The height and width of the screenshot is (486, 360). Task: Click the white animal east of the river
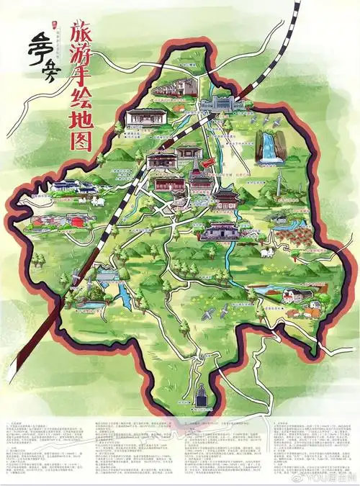[x=268, y=253]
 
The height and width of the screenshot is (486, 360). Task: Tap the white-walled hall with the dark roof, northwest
[x=140, y=117]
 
